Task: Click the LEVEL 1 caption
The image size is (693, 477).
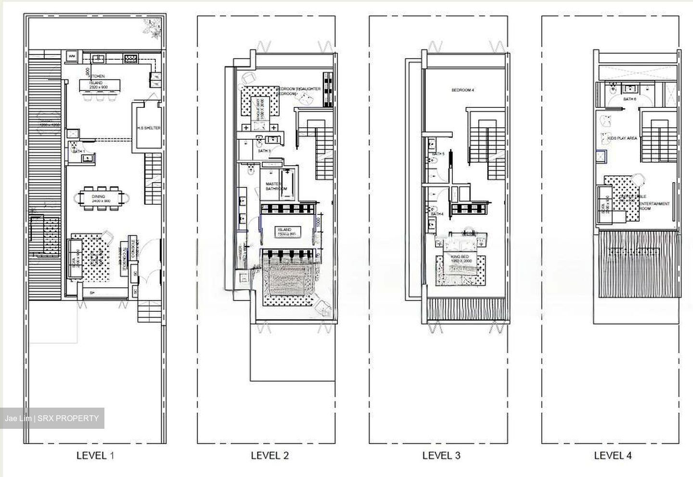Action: tap(96, 455)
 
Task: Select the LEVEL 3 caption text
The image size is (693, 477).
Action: tap(441, 455)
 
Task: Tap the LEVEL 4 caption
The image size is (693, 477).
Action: tap(613, 455)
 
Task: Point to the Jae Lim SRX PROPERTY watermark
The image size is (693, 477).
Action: tap(52, 418)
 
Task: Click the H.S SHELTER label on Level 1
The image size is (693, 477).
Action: tap(148, 128)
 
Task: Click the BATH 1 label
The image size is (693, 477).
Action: tap(78, 152)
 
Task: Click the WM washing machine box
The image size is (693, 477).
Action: tap(72, 56)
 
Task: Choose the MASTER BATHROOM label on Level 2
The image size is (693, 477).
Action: tap(276, 185)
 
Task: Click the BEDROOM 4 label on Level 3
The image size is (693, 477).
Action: tap(463, 90)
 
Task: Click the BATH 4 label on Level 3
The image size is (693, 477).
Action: tap(437, 214)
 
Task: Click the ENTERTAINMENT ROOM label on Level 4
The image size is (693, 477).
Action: tap(654, 206)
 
